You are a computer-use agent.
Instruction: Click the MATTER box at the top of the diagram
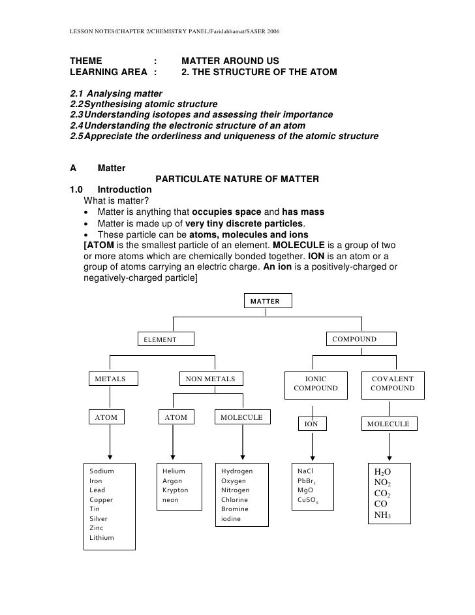pos(268,301)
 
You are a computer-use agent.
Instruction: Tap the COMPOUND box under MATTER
pos(354,339)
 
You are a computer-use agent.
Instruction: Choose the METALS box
pos(110,379)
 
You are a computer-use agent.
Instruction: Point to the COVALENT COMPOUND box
pos(392,383)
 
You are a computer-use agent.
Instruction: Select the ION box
pos(312,424)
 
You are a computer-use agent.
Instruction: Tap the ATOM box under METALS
pos(106,417)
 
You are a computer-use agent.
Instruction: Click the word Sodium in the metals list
pos(102,471)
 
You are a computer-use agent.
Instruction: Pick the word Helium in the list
pos(174,471)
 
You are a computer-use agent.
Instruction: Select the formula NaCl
pos(305,471)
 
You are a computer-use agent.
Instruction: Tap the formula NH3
pos(382,515)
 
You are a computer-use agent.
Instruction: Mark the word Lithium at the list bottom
pos(102,538)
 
